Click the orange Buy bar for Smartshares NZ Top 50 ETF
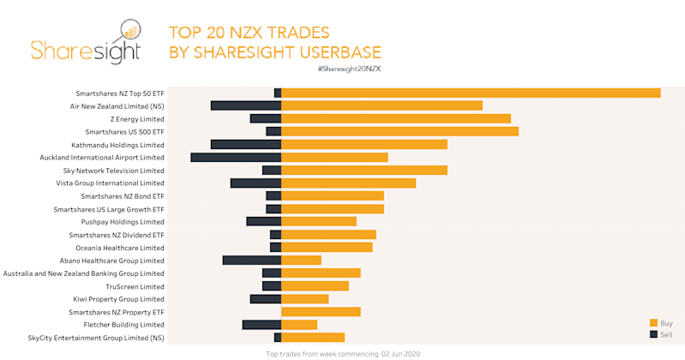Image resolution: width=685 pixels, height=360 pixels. click(x=471, y=93)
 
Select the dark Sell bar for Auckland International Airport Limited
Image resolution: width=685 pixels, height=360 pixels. click(x=236, y=157)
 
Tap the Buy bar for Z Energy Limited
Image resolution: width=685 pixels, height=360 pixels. click(x=396, y=118)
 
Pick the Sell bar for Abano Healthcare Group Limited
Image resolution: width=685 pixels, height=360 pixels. click(x=252, y=260)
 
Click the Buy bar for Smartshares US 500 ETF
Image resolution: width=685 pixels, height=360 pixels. click(x=400, y=131)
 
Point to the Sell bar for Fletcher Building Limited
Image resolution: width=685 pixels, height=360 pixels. click(x=261, y=324)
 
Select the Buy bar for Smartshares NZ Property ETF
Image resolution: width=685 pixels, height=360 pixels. click(x=321, y=311)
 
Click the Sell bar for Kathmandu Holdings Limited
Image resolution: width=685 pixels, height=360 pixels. click(x=246, y=144)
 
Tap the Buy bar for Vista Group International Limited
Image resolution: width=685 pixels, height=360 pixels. click(x=348, y=183)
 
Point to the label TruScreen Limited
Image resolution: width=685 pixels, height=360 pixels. click(x=135, y=286)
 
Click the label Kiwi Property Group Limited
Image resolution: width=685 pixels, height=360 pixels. click(x=118, y=299)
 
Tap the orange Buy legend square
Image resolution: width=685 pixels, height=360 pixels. click(x=653, y=322)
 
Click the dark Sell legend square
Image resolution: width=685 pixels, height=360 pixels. click(x=653, y=333)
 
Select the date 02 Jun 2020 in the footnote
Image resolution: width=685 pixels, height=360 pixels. click(x=400, y=353)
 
